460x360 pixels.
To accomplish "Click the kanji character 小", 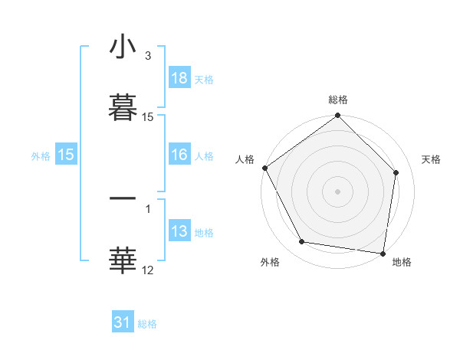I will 123,48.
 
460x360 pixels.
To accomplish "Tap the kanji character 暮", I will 123,107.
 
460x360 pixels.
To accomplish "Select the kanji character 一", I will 123,199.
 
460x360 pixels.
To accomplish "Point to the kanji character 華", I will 123,260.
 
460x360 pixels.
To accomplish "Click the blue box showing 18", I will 179,78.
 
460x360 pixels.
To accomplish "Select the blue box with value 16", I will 179,155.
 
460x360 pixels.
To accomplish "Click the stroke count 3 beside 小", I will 148,57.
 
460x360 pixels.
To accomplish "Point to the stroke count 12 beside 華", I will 148,269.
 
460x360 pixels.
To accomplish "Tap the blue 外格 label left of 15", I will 41,155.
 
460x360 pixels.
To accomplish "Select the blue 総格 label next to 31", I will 147,324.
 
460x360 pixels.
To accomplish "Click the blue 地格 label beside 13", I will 204,233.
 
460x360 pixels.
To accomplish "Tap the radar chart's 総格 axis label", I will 338,100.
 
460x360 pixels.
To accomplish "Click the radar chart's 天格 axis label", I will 432,159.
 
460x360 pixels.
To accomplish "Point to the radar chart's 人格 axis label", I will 245,159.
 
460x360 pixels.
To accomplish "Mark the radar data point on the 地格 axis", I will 383,253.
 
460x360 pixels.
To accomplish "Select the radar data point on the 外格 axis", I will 302,242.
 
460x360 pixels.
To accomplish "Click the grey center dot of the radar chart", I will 338,191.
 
